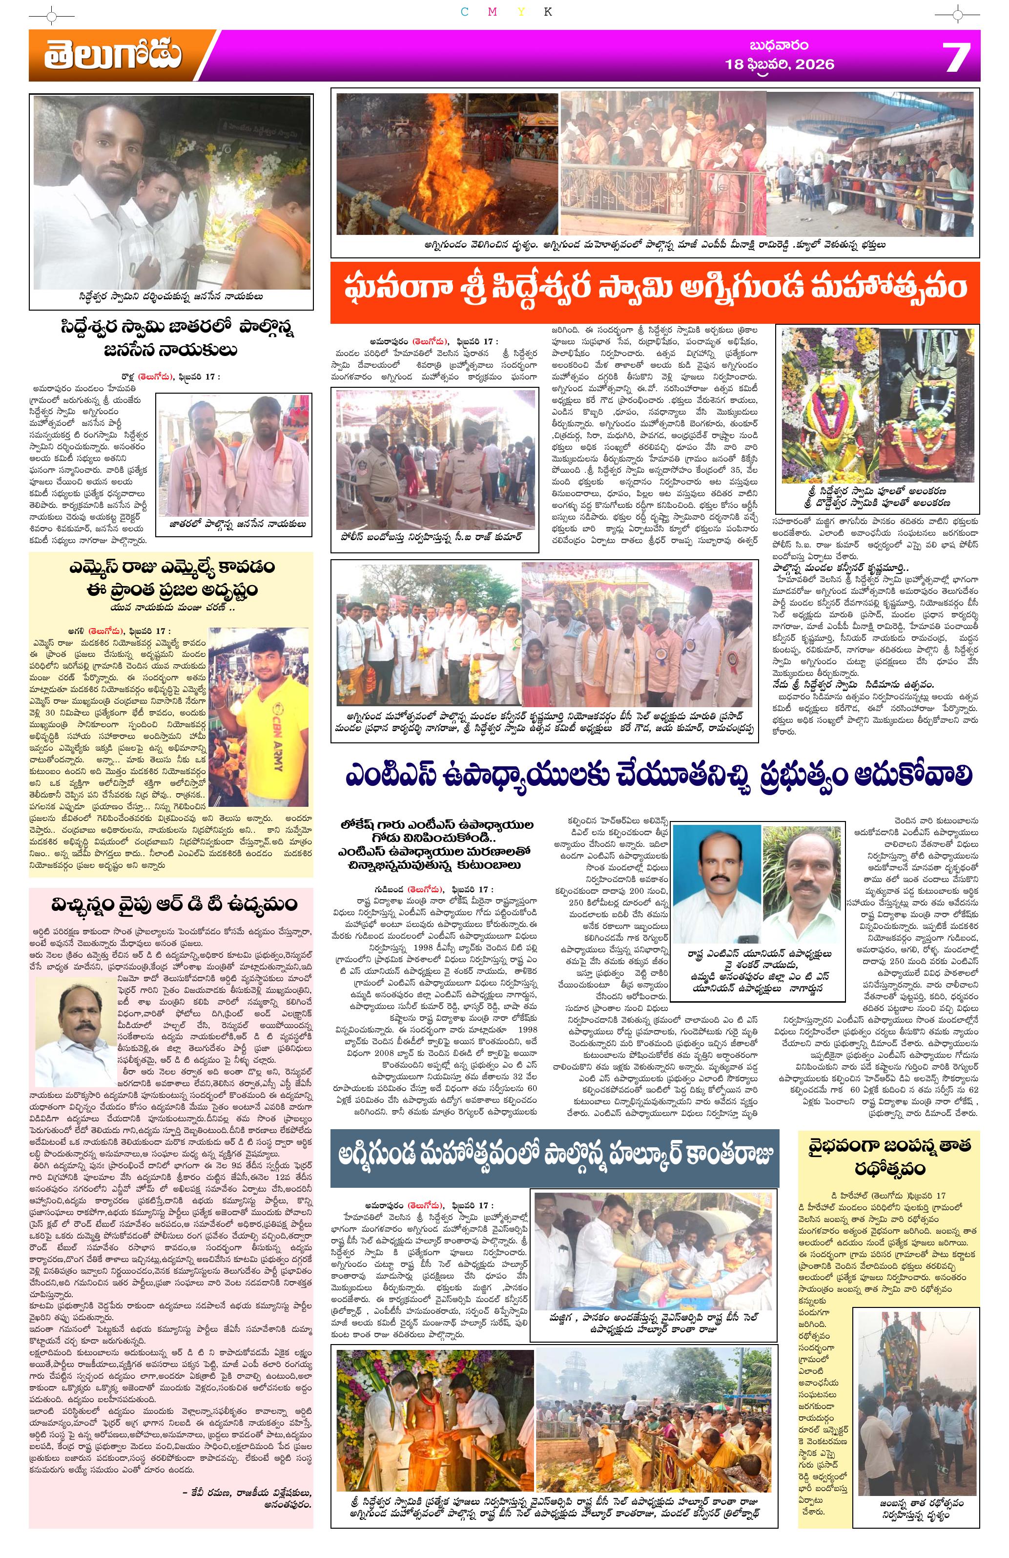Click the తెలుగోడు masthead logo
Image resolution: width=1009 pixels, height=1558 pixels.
click(x=113, y=56)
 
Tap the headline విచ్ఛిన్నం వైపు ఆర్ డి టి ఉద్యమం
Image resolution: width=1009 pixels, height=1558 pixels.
click(x=171, y=904)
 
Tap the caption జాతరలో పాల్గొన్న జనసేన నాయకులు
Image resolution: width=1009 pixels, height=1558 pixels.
click(x=234, y=523)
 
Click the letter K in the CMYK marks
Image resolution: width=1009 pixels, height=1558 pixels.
click(x=548, y=12)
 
